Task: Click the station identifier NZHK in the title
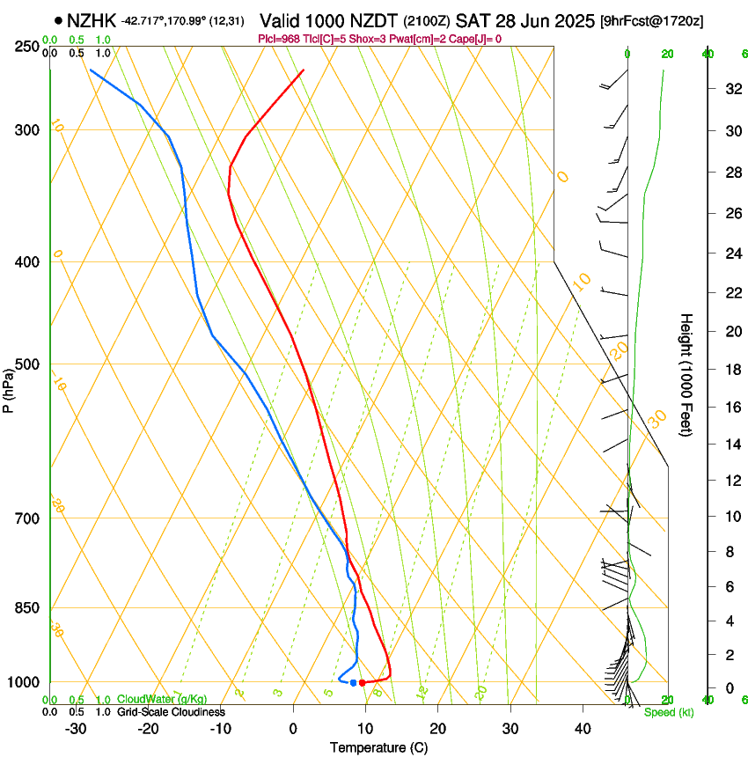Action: (x=92, y=20)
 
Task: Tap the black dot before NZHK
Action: (x=58, y=20)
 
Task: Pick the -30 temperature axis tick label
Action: (x=76, y=729)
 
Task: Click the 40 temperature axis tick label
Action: (x=583, y=729)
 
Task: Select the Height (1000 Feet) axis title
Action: (x=686, y=375)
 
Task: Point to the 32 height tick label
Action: (x=730, y=89)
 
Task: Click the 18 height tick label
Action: (x=730, y=370)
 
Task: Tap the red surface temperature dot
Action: (x=362, y=682)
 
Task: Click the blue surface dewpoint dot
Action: (x=353, y=682)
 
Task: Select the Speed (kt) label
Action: (x=668, y=712)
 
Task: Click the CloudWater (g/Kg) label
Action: (x=162, y=700)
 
